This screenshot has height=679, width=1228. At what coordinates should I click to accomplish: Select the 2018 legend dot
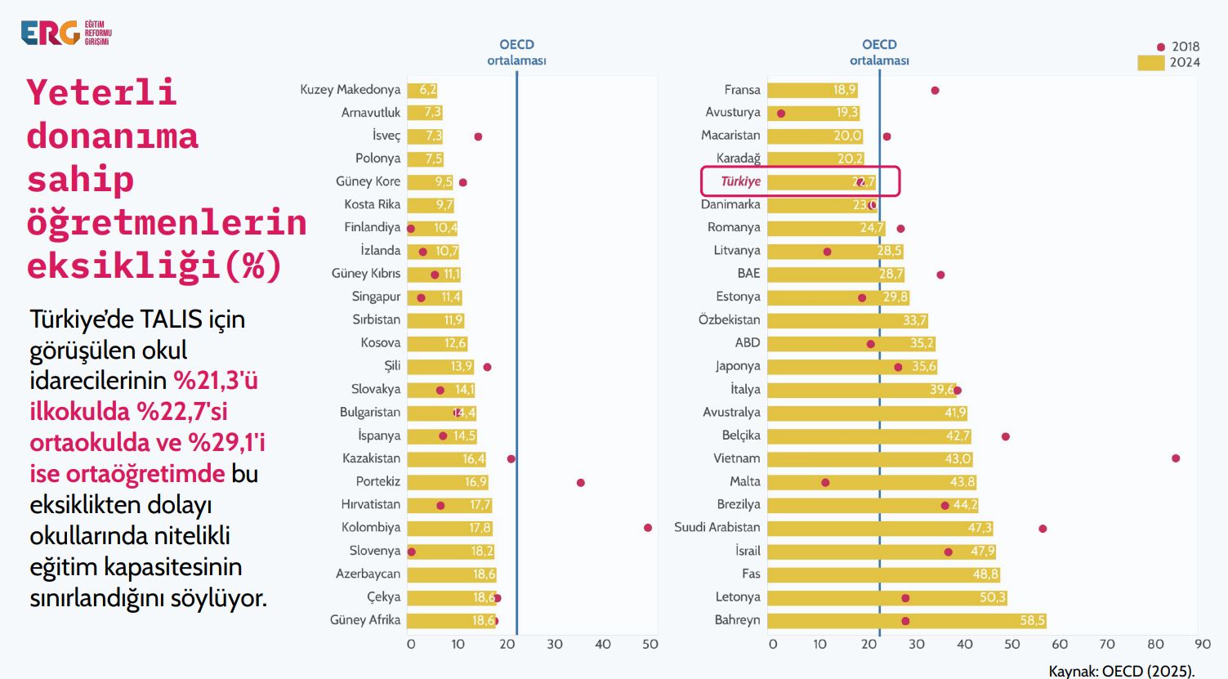(1160, 47)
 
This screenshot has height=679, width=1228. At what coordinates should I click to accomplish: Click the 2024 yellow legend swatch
(1150, 63)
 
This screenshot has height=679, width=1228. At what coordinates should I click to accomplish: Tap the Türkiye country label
(740, 181)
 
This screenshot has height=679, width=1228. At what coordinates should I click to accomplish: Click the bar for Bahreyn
(907, 620)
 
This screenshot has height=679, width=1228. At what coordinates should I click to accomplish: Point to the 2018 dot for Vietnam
(1176, 458)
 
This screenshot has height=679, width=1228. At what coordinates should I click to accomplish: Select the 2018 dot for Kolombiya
(648, 528)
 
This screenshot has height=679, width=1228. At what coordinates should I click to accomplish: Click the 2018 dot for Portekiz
(581, 483)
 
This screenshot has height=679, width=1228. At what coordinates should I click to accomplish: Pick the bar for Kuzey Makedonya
(422, 90)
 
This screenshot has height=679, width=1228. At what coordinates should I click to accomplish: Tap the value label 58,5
(1032, 620)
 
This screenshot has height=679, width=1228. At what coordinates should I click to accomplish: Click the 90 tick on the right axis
(1203, 644)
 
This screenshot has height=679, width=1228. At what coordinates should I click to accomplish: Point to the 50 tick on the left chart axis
(650, 644)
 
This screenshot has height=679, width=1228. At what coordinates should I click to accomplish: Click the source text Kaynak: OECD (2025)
(1121, 671)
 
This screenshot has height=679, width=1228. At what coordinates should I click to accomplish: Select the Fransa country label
(742, 90)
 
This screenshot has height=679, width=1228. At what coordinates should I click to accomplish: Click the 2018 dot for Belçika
(1006, 436)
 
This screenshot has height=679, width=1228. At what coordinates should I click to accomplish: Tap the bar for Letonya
(886, 597)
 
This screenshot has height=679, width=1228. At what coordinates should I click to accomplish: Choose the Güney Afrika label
(365, 620)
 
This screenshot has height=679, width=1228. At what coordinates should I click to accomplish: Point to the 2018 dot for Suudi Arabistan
(1043, 529)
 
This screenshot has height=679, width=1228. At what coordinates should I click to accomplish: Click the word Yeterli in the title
(101, 92)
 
